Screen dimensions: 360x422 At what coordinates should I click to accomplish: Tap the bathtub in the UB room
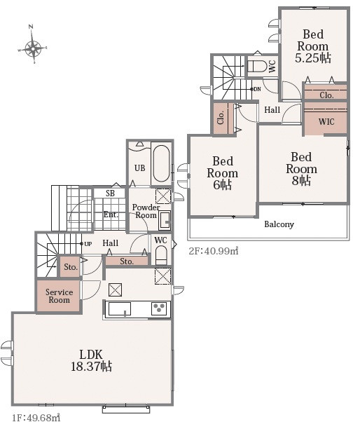point(161,164)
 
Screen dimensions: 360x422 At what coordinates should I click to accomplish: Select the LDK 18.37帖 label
point(91,360)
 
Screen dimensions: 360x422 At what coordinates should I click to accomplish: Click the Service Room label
point(59,296)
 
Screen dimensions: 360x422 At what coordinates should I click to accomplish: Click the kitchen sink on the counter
point(120,308)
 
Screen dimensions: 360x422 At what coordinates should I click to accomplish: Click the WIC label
point(326,122)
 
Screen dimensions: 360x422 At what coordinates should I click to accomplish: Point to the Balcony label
point(279,224)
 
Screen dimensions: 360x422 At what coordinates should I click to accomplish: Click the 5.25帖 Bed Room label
point(313,46)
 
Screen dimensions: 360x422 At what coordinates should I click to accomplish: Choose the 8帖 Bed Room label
point(301,169)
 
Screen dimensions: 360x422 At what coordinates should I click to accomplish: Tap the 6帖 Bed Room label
point(223,173)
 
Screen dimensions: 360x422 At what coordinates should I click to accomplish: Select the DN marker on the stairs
point(257,89)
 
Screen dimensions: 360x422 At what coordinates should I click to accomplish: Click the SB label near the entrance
point(110,193)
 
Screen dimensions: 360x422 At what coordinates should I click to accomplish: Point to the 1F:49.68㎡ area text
point(36,417)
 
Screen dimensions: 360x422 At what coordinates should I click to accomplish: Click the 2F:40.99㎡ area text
point(214,251)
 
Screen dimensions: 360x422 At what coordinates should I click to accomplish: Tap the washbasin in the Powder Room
point(165,220)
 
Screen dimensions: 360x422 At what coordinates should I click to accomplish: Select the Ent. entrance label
point(111,215)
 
